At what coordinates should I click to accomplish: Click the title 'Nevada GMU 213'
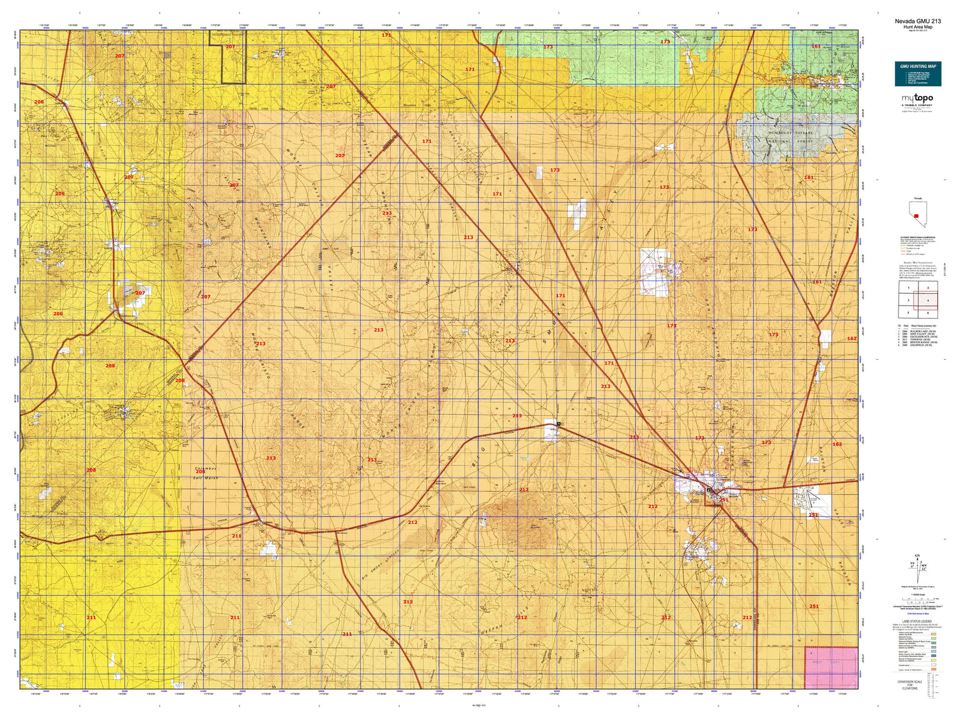coord(917,21)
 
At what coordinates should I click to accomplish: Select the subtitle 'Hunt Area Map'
coord(917,27)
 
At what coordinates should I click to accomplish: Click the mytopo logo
coord(917,98)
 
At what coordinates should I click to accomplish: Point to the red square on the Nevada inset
coord(916,216)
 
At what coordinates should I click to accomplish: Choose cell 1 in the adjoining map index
coord(908,288)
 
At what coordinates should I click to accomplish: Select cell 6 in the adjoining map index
coord(927,313)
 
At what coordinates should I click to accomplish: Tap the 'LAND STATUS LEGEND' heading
coord(917,621)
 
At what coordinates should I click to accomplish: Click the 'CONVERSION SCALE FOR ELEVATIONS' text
coord(909,684)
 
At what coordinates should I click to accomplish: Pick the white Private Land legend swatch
coord(934,665)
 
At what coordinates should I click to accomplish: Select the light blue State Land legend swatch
coord(934,651)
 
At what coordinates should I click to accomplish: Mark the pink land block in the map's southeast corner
coord(831,667)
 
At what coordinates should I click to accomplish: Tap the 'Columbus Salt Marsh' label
coord(206,473)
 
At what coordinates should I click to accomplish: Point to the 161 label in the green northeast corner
coord(816,46)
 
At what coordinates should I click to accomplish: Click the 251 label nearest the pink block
coord(814,607)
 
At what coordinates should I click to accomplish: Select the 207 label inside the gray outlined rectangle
coord(230,47)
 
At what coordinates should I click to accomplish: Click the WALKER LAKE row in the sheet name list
coord(917,331)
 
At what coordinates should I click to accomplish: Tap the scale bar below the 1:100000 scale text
coord(917,601)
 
